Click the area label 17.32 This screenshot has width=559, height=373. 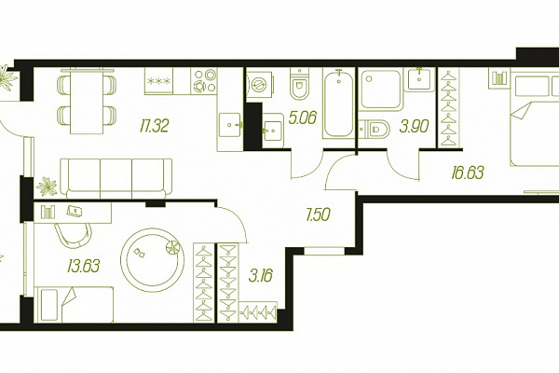(x=154, y=126)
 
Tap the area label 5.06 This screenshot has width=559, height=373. (x=302, y=117)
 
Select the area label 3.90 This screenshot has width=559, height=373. (x=414, y=127)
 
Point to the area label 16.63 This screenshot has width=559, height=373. (x=468, y=173)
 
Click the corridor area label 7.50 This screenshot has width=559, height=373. (x=318, y=214)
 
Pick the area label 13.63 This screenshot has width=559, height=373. (x=84, y=266)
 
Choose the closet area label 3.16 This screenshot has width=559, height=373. (x=261, y=276)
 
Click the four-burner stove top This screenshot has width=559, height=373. (x=203, y=81)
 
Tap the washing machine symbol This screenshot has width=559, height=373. (x=260, y=85)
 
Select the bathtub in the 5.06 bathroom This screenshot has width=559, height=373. (x=338, y=104)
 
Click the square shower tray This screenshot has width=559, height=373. (x=381, y=90)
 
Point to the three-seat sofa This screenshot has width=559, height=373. (x=116, y=178)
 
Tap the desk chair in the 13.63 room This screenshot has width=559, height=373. (x=74, y=235)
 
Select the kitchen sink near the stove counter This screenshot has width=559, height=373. (x=229, y=125)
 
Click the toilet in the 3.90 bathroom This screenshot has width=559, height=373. (x=375, y=130)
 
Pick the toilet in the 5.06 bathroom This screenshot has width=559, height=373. (x=299, y=84)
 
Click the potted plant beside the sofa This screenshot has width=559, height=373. (x=48, y=186)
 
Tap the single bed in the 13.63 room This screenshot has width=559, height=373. (x=74, y=305)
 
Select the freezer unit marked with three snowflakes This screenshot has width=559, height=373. (x=158, y=81)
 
